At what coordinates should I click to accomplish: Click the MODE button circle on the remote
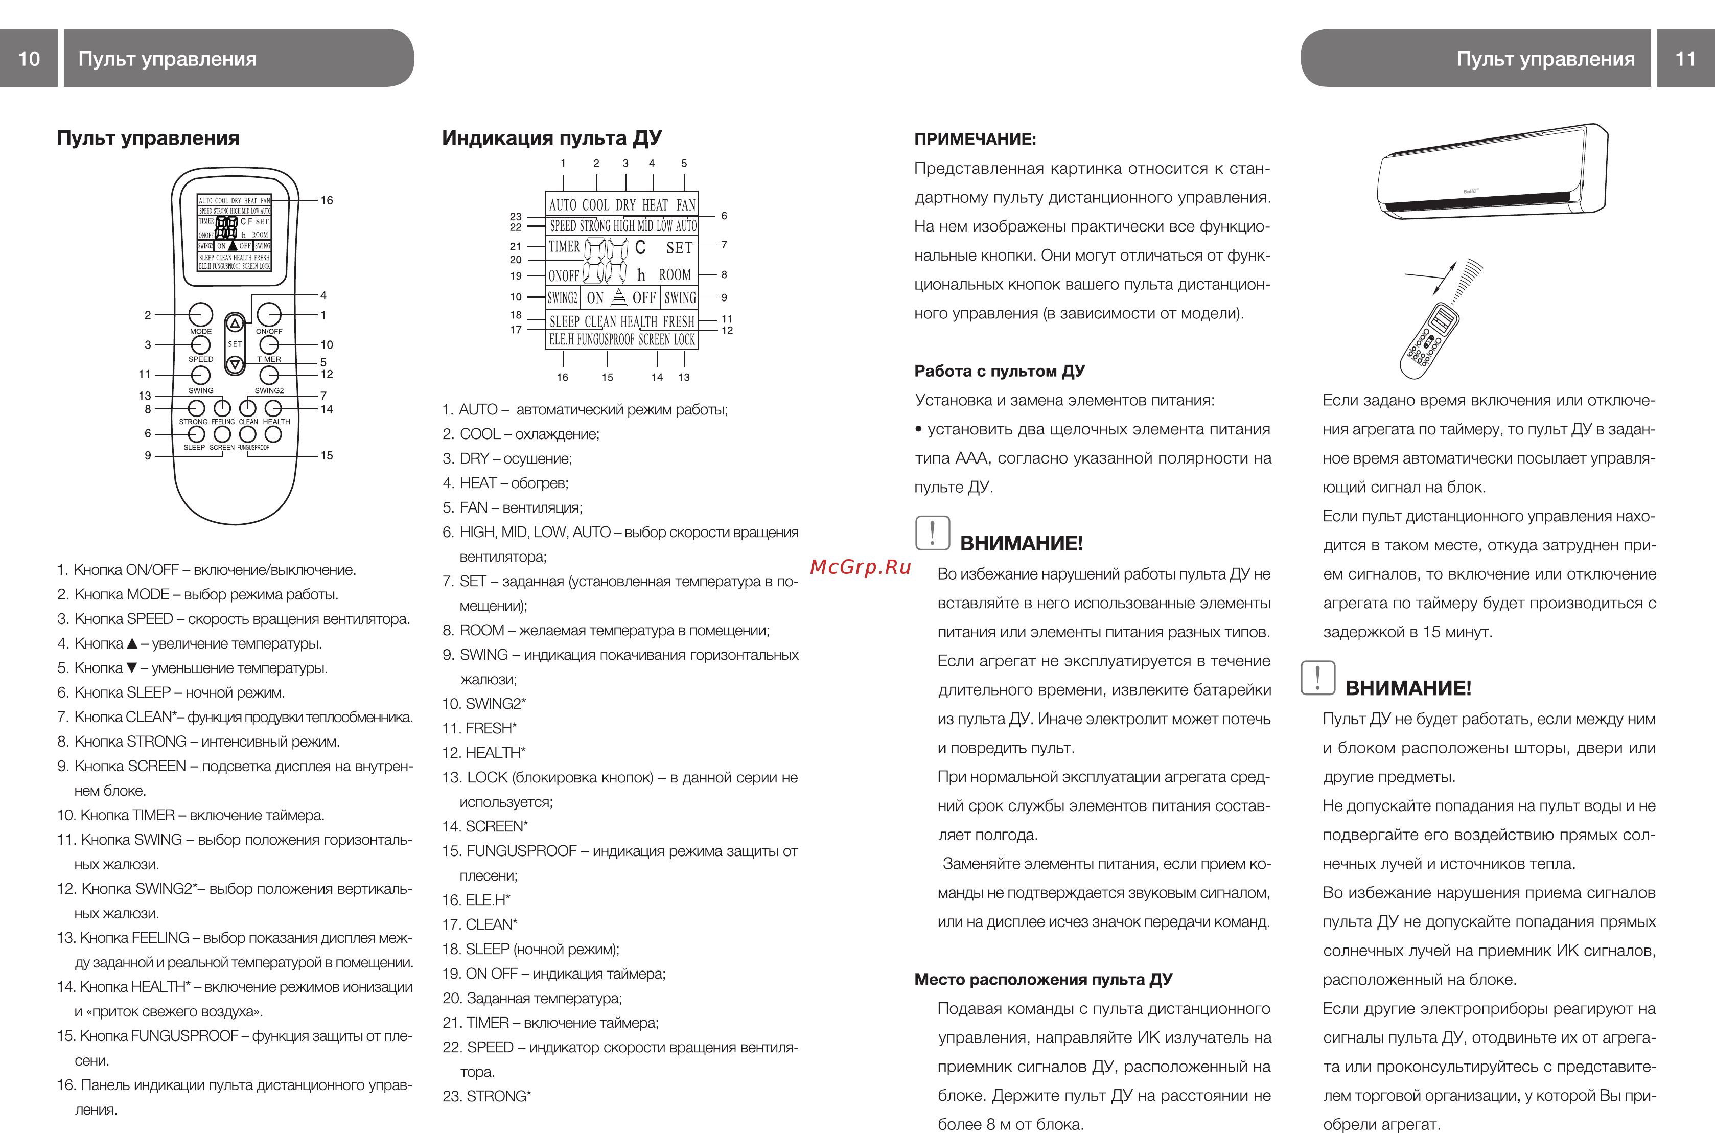(200, 314)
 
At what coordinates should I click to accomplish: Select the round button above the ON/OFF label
(269, 314)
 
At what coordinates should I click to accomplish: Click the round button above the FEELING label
(222, 408)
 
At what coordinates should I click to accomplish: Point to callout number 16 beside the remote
(327, 201)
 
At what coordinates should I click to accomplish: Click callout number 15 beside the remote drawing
(327, 456)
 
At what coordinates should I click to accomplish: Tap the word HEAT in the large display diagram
(655, 205)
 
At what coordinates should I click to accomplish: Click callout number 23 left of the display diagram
(515, 216)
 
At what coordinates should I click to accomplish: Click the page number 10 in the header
(29, 59)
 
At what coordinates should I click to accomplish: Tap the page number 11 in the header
(1685, 59)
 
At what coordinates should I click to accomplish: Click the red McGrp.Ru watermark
(860, 567)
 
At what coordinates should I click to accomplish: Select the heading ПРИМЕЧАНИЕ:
(975, 140)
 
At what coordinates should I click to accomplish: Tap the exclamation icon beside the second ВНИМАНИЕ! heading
(1317, 678)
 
